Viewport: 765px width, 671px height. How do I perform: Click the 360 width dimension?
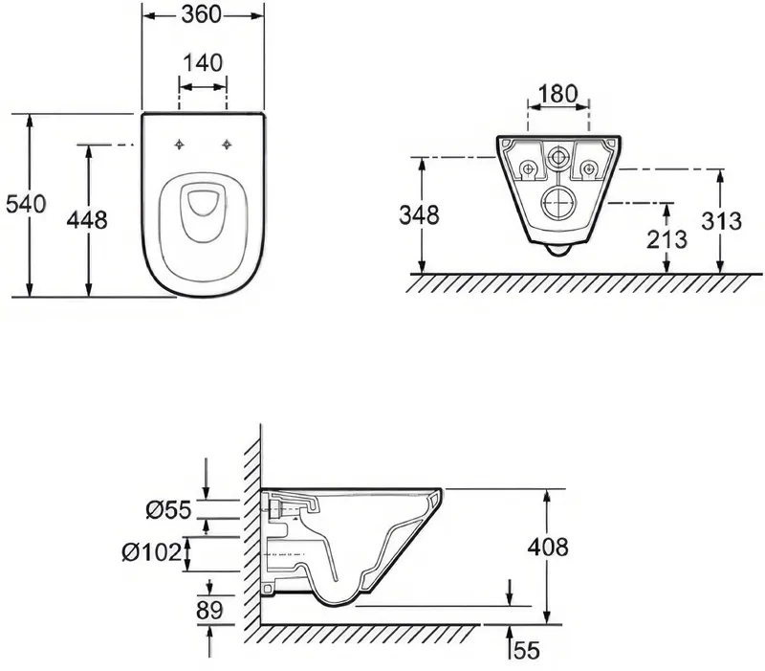tap(202, 14)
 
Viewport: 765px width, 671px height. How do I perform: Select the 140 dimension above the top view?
tap(203, 63)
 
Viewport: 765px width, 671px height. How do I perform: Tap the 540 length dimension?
tap(26, 204)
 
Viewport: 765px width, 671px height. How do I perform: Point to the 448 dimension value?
tap(87, 220)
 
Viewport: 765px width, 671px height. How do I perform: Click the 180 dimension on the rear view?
tap(558, 94)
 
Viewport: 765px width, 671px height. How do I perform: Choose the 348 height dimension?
tap(419, 214)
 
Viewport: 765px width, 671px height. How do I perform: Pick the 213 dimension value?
tap(667, 238)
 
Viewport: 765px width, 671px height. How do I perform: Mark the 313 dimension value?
tap(722, 221)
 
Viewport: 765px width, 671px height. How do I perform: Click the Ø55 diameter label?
tap(168, 510)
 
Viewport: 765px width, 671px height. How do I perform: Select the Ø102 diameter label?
tap(152, 552)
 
